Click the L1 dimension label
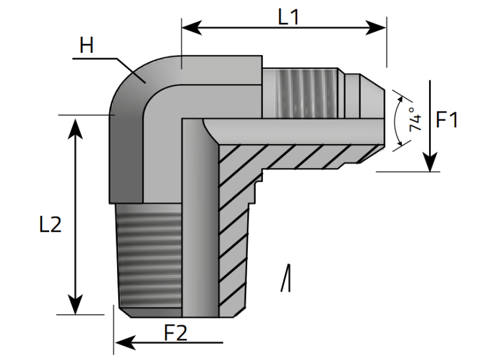[x=289, y=17]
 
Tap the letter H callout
[x=87, y=46]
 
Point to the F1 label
[x=447, y=120]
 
